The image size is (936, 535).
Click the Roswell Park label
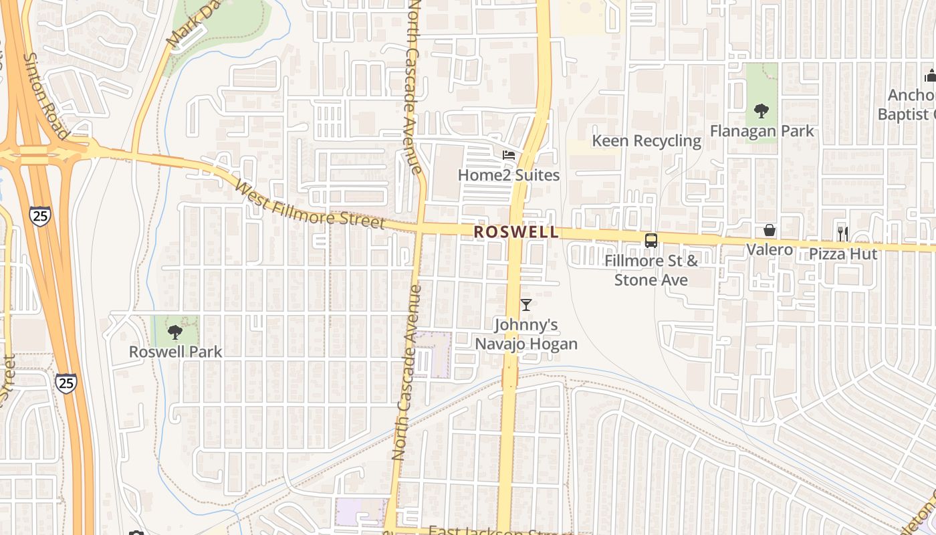click(x=175, y=351)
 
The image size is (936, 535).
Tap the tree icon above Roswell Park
click(x=175, y=332)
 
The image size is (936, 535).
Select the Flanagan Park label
click(x=762, y=130)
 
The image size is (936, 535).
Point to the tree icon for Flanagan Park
click(x=761, y=111)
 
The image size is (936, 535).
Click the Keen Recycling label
click(x=647, y=141)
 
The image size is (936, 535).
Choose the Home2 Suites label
click(x=508, y=175)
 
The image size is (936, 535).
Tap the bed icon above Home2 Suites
click(x=509, y=155)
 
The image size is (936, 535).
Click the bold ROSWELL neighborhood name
click(x=515, y=232)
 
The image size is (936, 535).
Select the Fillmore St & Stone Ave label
click(x=651, y=270)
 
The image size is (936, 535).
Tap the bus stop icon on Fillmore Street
click(x=651, y=241)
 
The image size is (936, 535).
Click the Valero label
click(x=770, y=250)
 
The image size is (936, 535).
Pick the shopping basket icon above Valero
click(x=770, y=231)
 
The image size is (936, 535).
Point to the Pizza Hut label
click(x=843, y=254)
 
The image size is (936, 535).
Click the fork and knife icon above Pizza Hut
click(x=843, y=233)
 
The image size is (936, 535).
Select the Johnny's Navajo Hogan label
click(x=526, y=334)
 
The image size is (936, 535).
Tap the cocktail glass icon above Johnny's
click(x=526, y=305)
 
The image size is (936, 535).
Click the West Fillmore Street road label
click(x=310, y=205)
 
